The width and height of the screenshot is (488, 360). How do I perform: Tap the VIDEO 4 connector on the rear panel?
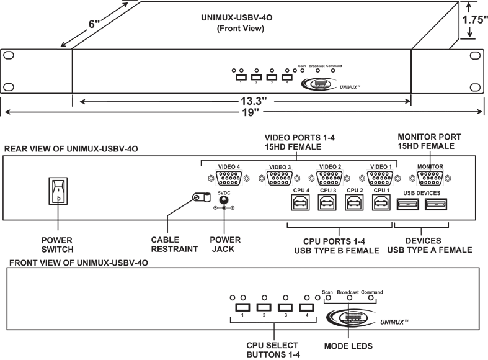(229, 178)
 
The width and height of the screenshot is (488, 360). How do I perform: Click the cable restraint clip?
(198, 199)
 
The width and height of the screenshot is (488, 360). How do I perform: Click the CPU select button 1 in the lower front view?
(242, 307)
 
